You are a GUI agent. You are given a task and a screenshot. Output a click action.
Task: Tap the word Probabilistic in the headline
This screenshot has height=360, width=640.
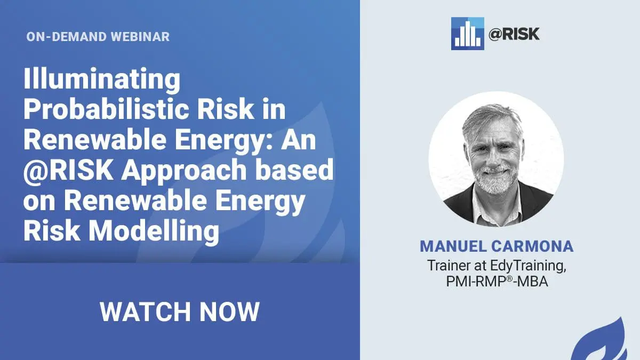(x=106, y=110)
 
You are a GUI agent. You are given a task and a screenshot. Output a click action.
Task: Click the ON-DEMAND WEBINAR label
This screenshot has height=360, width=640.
(x=98, y=37)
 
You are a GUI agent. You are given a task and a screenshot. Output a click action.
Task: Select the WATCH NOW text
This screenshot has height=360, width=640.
(x=180, y=311)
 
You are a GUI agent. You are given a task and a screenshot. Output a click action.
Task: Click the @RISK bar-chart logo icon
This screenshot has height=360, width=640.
(x=467, y=34)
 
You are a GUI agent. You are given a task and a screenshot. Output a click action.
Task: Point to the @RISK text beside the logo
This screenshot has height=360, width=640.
(x=514, y=34)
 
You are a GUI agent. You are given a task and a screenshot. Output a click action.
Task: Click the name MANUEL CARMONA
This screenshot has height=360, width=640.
(x=497, y=246)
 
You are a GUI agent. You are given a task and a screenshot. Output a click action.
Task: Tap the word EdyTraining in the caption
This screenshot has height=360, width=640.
(x=528, y=266)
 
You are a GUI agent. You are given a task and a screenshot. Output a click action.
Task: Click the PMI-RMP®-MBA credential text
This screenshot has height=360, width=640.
(x=497, y=282)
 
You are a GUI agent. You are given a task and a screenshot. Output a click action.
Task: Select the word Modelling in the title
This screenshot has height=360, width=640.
(x=154, y=231)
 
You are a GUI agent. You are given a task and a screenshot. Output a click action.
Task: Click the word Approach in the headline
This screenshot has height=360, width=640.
(x=183, y=171)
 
